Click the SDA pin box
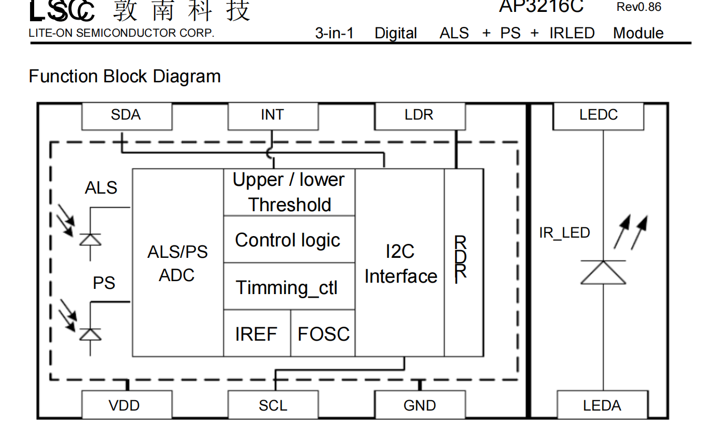pos(127,115)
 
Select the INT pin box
pos(273,115)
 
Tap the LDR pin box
pos(419,115)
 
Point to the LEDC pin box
pos(598,115)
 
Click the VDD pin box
pos(127,405)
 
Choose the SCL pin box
pos(273,405)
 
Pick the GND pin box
pos(419,405)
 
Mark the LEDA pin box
pos(602,405)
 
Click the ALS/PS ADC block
pos(178,262)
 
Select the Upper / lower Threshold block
pos(289,192)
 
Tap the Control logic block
pos(289,240)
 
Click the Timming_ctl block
pos(289,287)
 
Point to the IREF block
pos(257,333)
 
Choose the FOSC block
pos(323,333)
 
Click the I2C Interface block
pos(400,262)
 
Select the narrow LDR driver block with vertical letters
pos(464,262)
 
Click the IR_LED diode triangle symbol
pos(603,272)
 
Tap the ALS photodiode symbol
pos(91,239)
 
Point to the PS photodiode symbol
pos(91,334)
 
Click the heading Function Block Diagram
pos(125,77)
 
